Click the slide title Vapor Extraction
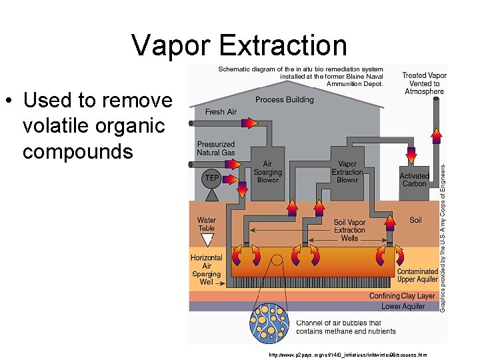coord(239,45)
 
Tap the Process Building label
coord(284,100)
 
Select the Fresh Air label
coord(221,112)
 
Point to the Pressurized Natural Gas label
coord(215,149)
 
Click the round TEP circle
coord(211,178)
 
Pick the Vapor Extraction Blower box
coord(347,171)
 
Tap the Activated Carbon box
coord(414,179)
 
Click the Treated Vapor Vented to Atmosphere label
coord(425,84)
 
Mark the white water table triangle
coord(207,237)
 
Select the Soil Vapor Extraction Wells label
coord(349,230)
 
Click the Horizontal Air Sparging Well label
coord(207,270)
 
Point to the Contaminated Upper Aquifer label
coord(417,276)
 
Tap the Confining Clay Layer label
coord(402,296)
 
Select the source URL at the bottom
coord(347,355)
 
